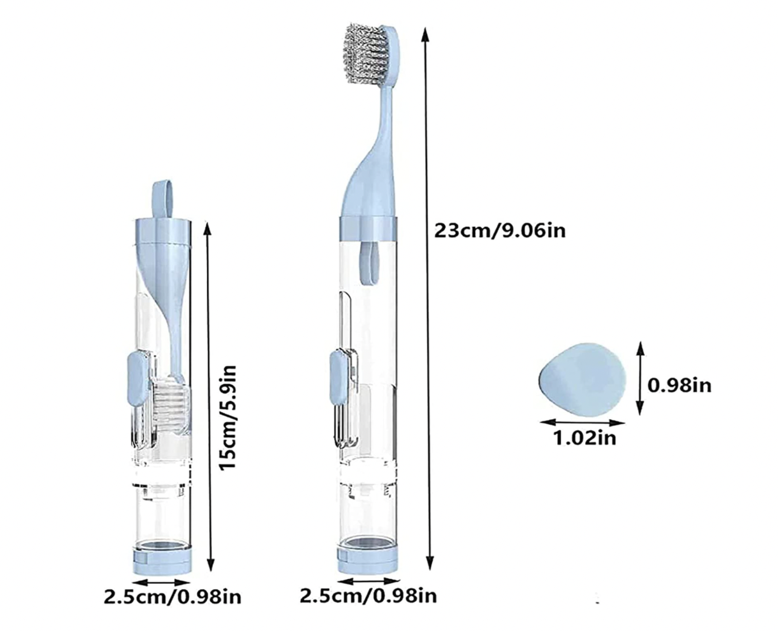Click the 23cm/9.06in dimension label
tap(500, 231)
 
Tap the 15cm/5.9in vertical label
tap(227, 417)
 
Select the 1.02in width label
tap(585, 438)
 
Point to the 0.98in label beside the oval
tap(679, 385)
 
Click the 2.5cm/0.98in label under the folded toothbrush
tap(172, 597)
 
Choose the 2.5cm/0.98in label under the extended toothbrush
tap(368, 596)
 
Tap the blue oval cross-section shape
tap(582, 380)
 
